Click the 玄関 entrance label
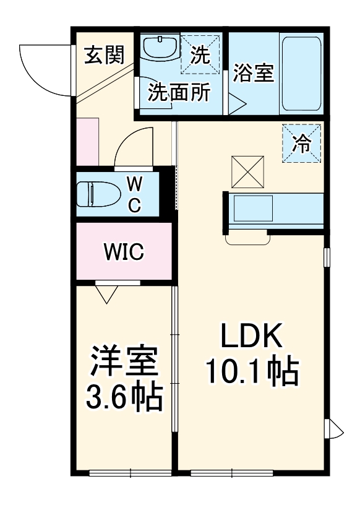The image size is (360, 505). pos(105,56)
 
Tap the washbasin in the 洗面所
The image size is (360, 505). pos(160,47)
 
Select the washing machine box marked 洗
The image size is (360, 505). pos(200,54)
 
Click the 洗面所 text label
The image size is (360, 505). pos(179,92)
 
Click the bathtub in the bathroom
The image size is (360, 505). pos(301,74)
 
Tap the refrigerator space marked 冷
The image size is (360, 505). pos(302,144)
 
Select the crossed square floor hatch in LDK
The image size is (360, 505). pos(249,172)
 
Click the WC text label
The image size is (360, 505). pos(134,194)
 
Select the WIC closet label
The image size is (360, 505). pos(124,252)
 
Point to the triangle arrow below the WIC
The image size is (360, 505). pos(107,295)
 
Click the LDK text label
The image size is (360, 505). pos(252,338)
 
